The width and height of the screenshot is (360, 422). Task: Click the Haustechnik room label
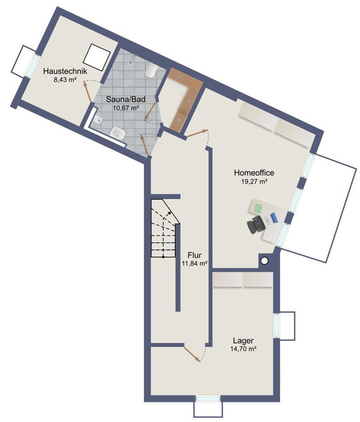pyautogui.click(x=65, y=71)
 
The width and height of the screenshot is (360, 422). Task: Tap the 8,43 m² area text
pyautogui.click(x=65, y=79)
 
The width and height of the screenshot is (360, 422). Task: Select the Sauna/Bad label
pyautogui.click(x=126, y=99)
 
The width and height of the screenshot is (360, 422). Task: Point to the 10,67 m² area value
pyautogui.click(x=126, y=108)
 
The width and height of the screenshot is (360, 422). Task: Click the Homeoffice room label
pyautogui.click(x=254, y=172)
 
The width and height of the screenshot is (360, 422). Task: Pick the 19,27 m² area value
pyautogui.click(x=254, y=181)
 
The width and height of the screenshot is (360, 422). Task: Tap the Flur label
pyautogui.click(x=195, y=255)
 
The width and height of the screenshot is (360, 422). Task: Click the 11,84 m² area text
pyautogui.click(x=195, y=263)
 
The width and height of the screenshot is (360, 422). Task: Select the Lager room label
pyautogui.click(x=243, y=341)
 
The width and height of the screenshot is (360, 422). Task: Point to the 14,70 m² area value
pyautogui.click(x=243, y=349)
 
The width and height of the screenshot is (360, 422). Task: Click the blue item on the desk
pyautogui.click(x=273, y=218)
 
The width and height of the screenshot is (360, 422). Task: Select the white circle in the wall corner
pyautogui.click(x=265, y=260)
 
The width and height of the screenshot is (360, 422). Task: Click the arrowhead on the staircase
pyautogui.click(x=169, y=213)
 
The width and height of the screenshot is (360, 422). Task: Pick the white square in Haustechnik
pyautogui.click(x=97, y=57)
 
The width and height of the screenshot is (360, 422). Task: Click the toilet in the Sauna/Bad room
pyautogui.click(x=150, y=71)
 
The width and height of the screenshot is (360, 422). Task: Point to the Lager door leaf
pyautogui.click(x=192, y=354)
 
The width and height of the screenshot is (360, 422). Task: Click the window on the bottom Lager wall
pyautogui.click(x=208, y=398)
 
